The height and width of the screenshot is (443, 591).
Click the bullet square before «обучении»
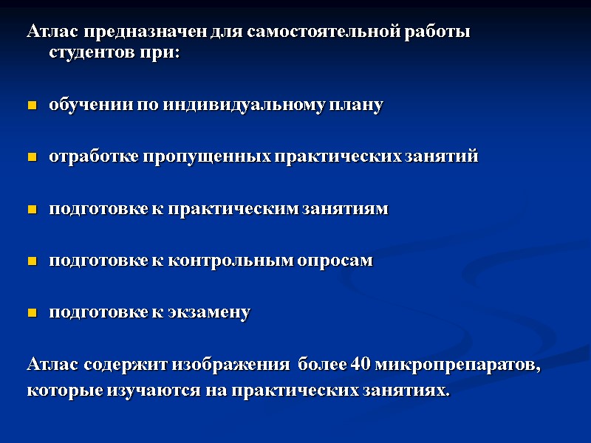[32, 106]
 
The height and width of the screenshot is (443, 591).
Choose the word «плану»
[360, 105]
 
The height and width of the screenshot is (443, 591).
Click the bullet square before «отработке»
[32, 158]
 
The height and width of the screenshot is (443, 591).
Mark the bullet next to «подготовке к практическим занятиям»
[32, 210]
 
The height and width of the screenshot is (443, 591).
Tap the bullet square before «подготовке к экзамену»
[32, 314]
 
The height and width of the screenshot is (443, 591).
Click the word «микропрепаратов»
[459, 365]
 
